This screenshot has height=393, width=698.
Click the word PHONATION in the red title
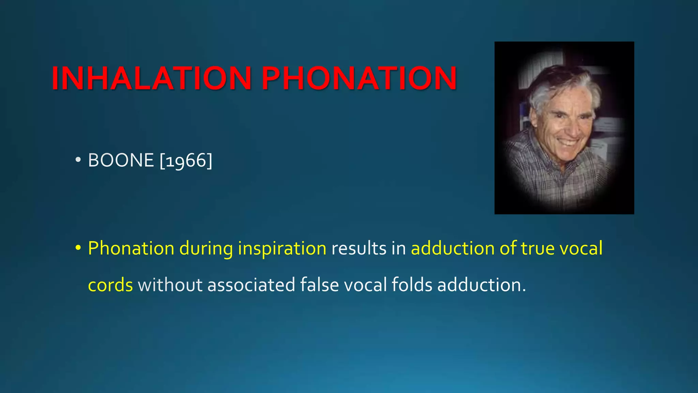(359, 78)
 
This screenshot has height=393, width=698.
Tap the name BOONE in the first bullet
(121, 160)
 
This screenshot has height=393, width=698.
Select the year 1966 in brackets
(186, 160)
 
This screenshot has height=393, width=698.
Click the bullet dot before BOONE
(78, 160)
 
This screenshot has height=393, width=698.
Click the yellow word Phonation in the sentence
(131, 248)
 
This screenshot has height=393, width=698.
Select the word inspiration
(282, 248)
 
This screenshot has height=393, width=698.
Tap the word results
(359, 248)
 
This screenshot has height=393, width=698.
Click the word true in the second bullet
(538, 248)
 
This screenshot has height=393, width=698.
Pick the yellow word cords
(110, 285)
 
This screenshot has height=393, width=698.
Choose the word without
(170, 285)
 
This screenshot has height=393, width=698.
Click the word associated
(251, 285)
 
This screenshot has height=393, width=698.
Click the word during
(206, 248)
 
